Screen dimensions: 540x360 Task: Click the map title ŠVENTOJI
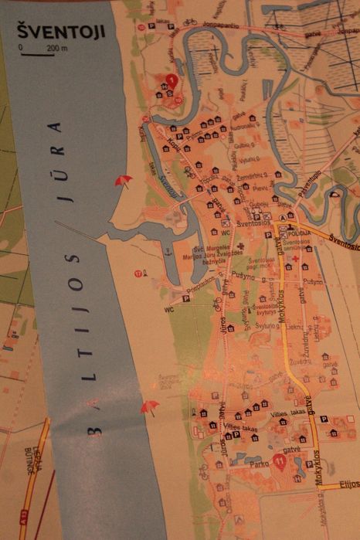pyautogui.click(x=54, y=32)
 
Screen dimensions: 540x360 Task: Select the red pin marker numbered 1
pyautogui.click(x=172, y=80)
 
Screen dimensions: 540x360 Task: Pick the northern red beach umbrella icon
pyautogui.click(x=122, y=181)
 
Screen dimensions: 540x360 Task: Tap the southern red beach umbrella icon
pyautogui.click(x=149, y=406)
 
